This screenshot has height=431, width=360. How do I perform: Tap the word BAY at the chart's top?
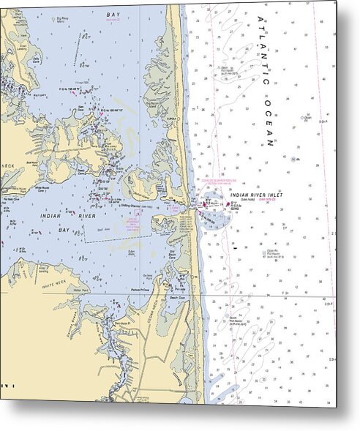[113, 14]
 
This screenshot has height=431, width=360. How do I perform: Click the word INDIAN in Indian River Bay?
[49, 216]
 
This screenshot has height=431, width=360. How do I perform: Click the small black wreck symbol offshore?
[236, 247]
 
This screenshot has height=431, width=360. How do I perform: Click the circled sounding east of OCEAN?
[295, 159]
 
